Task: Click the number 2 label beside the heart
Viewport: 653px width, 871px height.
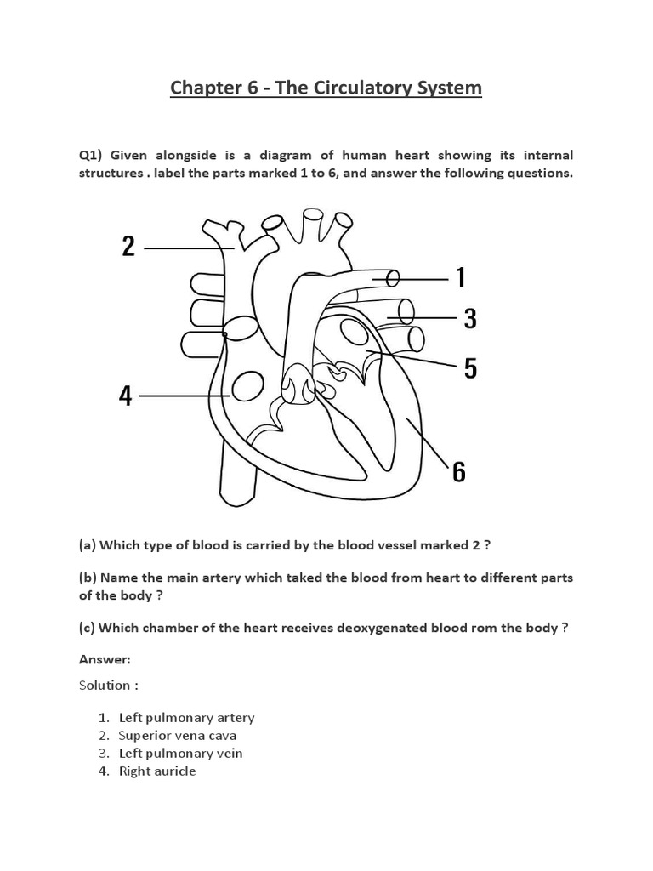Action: tap(128, 247)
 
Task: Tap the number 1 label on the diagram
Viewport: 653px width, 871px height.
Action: tap(460, 277)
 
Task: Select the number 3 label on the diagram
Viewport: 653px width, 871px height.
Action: tap(469, 319)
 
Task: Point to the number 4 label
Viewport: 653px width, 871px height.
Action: tap(126, 396)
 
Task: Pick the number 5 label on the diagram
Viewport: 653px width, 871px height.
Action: tap(469, 368)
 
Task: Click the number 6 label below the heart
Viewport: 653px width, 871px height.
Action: tap(458, 471)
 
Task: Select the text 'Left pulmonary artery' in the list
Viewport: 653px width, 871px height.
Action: tap(186, 717)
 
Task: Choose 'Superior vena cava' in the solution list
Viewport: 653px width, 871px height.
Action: tap(178, 735)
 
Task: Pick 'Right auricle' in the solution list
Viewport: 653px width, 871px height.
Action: tap(157, 771)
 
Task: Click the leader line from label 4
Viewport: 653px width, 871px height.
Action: tap(183, 396)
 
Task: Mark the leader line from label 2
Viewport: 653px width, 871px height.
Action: tap(187, 248)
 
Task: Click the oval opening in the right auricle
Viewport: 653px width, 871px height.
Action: tap(247, 388)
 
